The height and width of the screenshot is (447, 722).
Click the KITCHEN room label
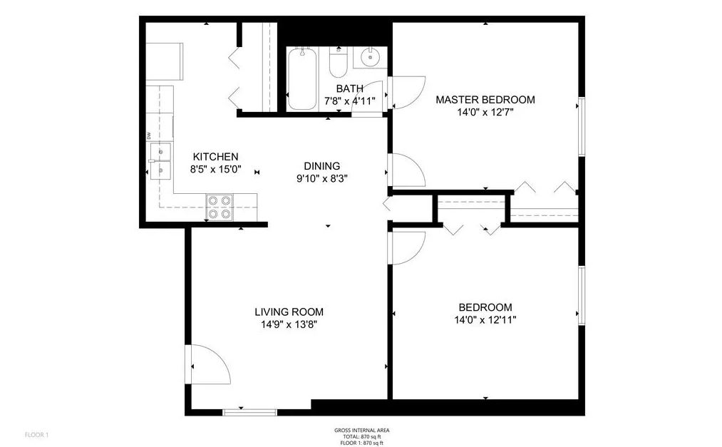[215, 157]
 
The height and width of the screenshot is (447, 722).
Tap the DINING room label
[322, 165]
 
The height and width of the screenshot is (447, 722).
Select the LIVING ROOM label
[289, 312]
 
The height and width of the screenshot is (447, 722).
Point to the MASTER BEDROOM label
[485, 99]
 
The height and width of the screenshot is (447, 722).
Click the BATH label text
[349, 88]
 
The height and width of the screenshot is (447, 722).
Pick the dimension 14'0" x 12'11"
[485, 320]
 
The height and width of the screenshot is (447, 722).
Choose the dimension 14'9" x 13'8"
[289, 324]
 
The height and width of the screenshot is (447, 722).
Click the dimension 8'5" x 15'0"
[215, 170]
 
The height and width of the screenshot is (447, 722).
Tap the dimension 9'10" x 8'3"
[322, 179]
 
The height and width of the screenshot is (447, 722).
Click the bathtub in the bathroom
[302, 78]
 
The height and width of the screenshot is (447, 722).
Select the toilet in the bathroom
[339, 63]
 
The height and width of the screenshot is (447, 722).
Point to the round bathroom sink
[370, 58]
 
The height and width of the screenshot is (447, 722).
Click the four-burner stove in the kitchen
[220, 207]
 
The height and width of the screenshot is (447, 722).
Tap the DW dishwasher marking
[149, 135]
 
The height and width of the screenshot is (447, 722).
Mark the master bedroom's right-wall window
[582, 127]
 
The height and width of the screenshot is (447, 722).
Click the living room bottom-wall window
[250, 413]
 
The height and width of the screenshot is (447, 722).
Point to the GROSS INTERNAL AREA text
[362, 431]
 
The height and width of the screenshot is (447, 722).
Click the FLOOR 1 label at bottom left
[36, 435]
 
